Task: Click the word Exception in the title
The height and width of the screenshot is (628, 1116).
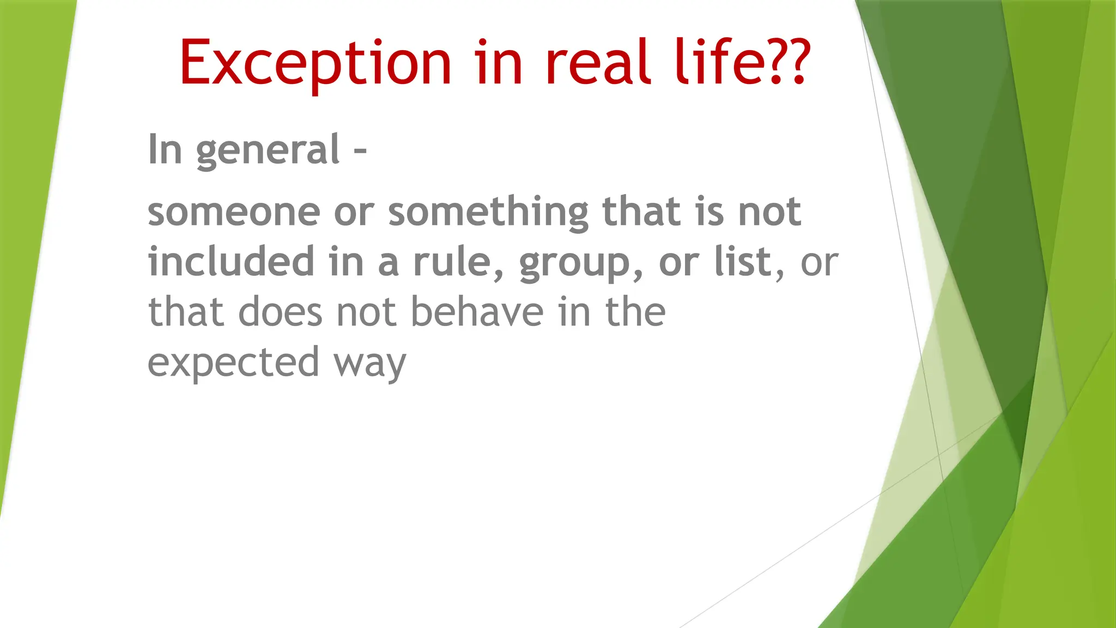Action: tap(315, 64)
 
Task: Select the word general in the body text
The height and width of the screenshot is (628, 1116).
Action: tap(268, 150)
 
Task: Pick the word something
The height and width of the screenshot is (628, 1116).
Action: tap(488, 213)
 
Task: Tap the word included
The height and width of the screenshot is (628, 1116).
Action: tap(231, 262)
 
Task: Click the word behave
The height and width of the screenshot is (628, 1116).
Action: tap(477, 312)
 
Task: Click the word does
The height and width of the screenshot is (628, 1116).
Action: tap(280, 312)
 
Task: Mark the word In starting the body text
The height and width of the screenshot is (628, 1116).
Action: tap(165, 150)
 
